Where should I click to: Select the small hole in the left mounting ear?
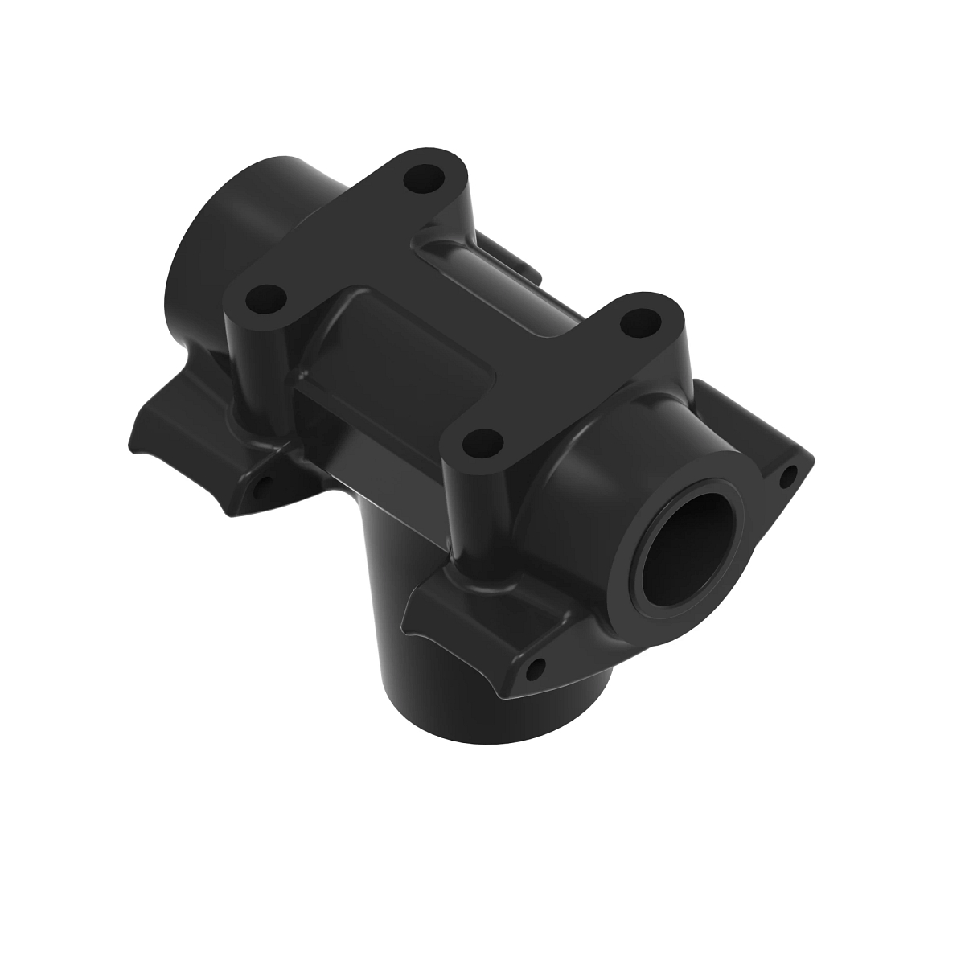click(261, 487)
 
